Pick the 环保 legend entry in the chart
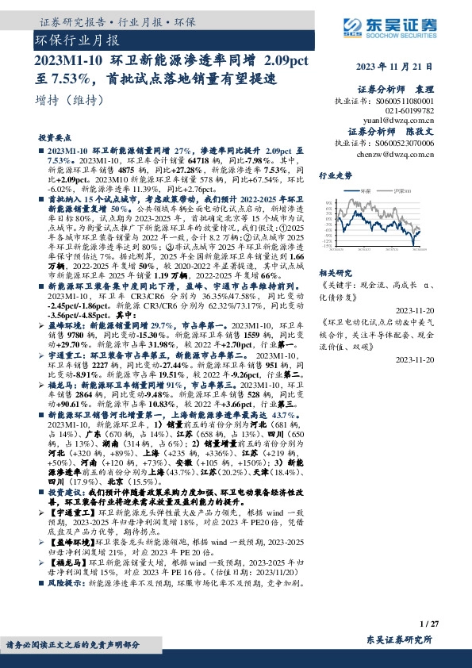point(364,192)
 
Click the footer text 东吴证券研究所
point(400,639)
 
